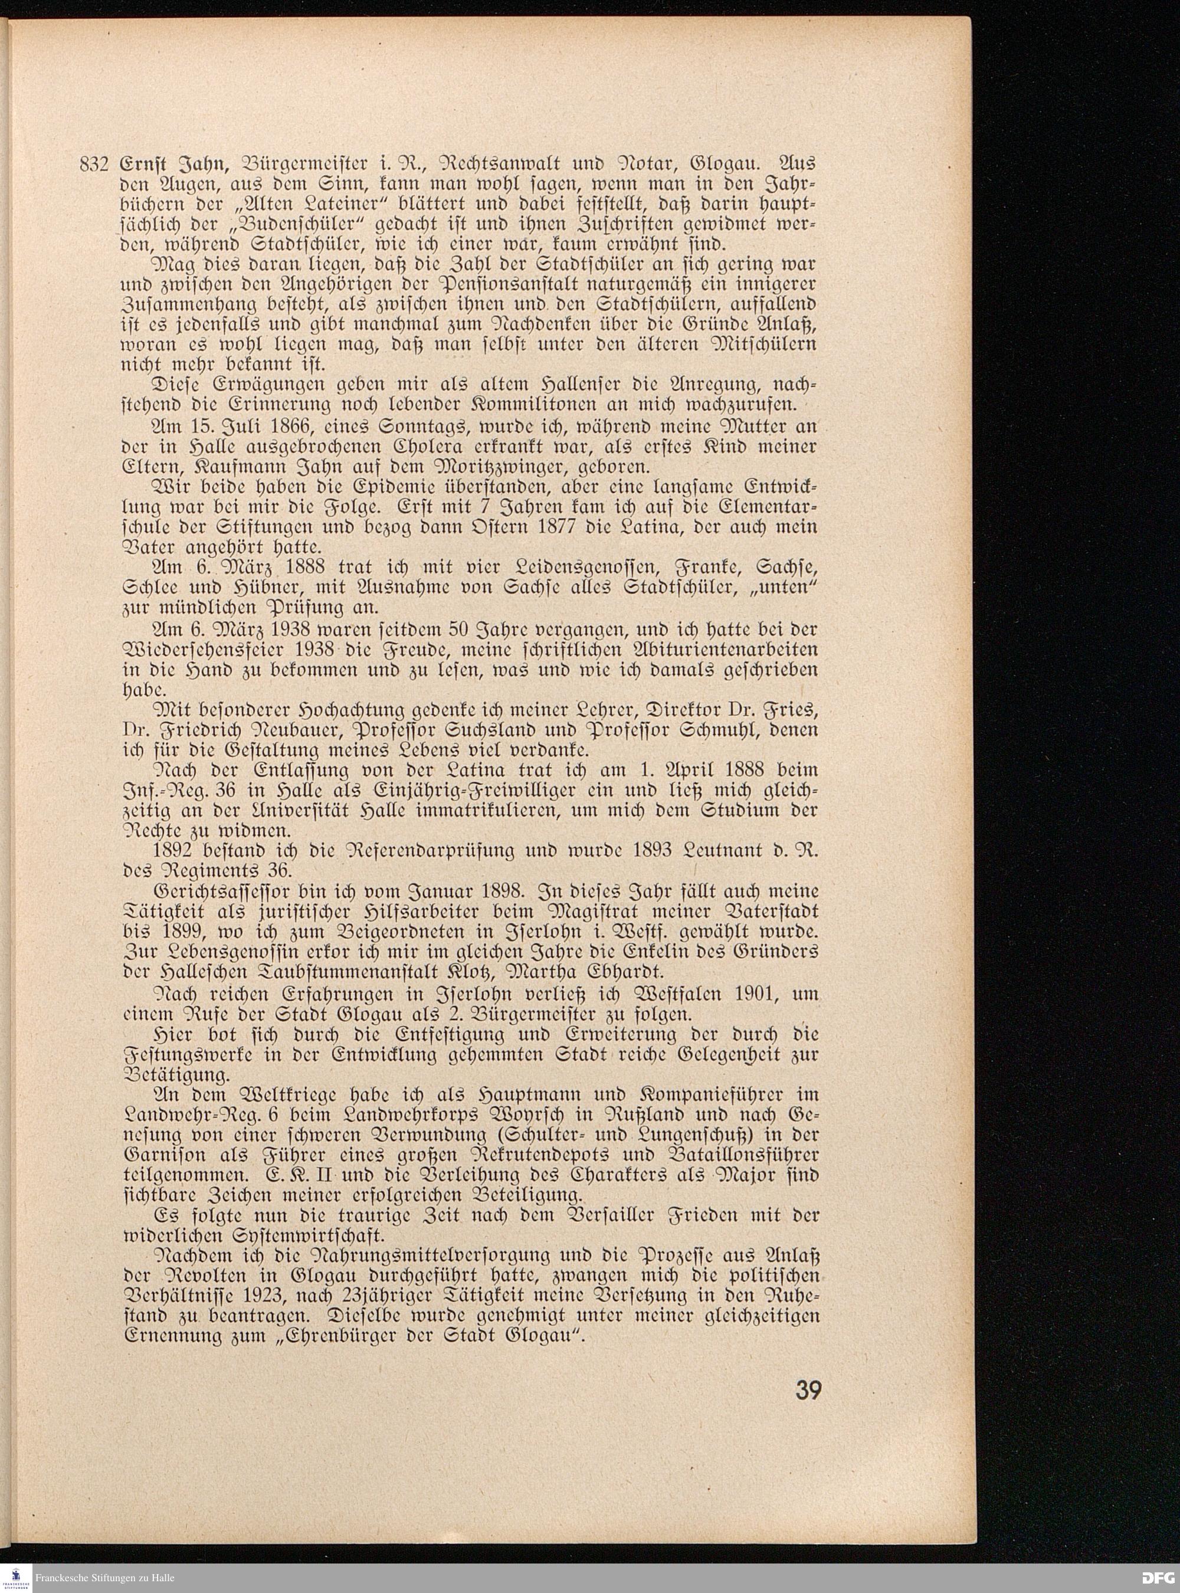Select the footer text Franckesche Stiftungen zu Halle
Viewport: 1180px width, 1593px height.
pyautogui.click(x=104, y=1577)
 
